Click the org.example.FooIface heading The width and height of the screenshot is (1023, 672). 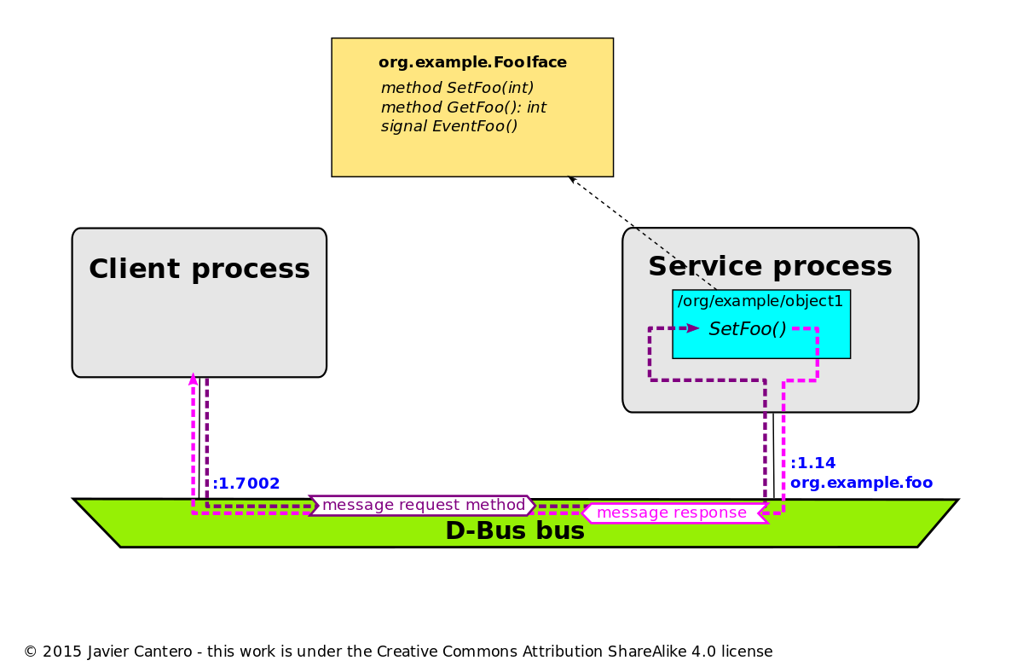472,63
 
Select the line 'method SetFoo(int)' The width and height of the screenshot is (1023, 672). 457,88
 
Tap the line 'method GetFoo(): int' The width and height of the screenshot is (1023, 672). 463,107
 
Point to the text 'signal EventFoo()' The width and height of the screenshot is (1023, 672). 449,126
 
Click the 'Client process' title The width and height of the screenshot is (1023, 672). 199,269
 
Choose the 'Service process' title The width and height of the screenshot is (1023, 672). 770,267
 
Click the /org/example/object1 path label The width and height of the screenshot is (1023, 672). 760,301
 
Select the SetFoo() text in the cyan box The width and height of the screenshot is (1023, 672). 748,329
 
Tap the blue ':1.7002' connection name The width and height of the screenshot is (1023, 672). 246,484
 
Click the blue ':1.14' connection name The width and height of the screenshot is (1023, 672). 812,463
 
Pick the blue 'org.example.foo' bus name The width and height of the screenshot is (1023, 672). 861,483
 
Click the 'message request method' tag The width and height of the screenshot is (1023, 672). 423,505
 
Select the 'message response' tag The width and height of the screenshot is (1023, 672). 672,513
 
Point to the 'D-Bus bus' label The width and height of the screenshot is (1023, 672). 515,531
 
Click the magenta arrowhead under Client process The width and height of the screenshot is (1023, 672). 193,379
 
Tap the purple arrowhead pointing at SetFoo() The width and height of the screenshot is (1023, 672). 692,328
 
